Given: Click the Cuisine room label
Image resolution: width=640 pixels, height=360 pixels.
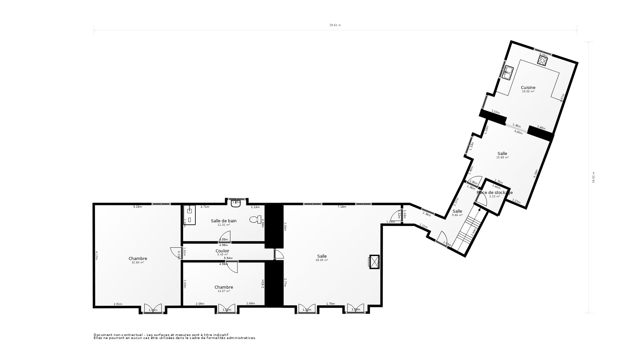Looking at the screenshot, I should coord(528,88).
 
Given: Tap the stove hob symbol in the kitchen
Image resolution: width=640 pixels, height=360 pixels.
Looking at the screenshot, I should coord(542,60).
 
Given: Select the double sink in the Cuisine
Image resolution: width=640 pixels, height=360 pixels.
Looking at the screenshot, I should coord(507,73).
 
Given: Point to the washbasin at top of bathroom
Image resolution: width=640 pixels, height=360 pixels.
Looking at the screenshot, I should coord(236,203).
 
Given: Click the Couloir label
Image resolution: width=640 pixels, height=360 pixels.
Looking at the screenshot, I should coord(222,251).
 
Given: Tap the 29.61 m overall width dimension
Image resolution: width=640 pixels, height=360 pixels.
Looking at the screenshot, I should coord(335,25).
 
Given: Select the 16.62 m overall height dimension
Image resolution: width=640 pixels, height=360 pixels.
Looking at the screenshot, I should coord(593,177).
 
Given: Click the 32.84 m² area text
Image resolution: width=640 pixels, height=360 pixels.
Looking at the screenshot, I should coord(138,262).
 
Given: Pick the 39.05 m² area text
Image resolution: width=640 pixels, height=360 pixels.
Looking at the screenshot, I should coord(322,260).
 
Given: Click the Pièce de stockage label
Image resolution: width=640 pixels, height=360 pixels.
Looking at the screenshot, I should coord(495,192).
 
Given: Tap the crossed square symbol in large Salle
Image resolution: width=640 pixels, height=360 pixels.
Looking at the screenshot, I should coord(374,261).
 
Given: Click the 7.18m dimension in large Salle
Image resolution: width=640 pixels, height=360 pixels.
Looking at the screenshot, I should coord(342,207).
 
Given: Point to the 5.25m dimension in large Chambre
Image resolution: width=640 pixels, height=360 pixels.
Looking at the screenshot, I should coord(137,207).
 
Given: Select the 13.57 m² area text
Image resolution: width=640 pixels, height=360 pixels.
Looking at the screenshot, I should coord(224,291).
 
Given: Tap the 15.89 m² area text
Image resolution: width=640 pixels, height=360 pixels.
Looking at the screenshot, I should coord(502,157).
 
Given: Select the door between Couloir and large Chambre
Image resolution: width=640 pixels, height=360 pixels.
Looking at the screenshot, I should coord(175,252).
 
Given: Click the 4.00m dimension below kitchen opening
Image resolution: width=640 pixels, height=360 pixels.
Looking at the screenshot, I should coord(518,132).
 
